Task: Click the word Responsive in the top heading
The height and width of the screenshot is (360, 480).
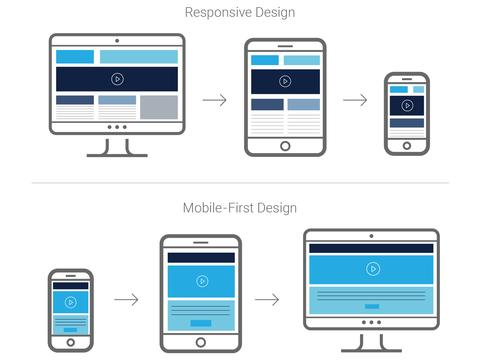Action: tap(218, 13)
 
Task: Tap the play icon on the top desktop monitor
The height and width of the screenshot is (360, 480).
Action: tap(117, 79)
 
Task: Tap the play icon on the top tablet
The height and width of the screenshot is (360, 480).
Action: tap(285, 81)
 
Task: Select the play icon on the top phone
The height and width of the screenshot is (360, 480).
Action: tap(407, 106)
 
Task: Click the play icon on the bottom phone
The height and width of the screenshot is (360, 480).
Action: tap(70, 302)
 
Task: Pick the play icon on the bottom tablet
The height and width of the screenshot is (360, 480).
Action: tap(202, 281)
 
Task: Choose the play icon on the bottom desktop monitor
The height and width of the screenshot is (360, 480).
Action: tap(373, 269)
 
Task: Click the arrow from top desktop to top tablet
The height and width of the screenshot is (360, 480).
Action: tap(214, 100)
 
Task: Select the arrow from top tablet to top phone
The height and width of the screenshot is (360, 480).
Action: tap(355, 100)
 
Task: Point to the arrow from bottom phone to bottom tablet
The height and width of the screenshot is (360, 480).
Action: tap(126, 299)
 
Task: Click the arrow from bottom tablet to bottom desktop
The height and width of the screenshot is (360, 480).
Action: tap(267, 299)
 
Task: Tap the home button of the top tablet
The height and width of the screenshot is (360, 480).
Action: tap(285, 146)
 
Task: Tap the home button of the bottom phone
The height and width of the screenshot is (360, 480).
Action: tap(70, 342)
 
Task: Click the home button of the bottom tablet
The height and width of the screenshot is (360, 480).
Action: tap(201, 342)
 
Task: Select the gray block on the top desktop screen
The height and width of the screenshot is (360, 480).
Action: tap(159, 107)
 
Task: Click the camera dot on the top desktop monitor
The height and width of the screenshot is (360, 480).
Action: tap(117, 41)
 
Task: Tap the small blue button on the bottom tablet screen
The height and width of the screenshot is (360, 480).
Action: tap(201, 323)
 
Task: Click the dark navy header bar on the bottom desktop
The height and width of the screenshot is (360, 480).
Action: tap(371, 248)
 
